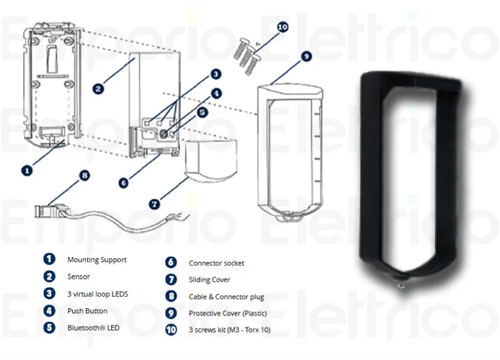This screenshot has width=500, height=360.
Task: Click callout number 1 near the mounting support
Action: (27, 171)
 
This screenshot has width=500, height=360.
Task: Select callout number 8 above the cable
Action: (84, 174)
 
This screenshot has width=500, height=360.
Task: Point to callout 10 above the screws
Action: (282, 27)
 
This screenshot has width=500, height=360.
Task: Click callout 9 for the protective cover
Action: (305, 56)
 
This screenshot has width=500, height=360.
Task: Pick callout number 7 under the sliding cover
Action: (154, 204)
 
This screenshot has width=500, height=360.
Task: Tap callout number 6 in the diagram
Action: (124, 183)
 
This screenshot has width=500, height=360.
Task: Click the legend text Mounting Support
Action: (97, 259)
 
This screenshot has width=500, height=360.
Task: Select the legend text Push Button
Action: (87, 311)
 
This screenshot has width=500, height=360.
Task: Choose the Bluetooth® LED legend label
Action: (93, 328)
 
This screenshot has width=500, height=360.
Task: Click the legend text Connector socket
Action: (215, 264)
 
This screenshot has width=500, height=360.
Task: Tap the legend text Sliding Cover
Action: (209, 279)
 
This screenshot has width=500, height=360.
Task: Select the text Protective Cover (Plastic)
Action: (231, 313)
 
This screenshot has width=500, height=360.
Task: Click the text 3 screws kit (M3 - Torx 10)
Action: (229, 330)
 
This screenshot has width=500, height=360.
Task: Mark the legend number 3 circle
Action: (49, 294)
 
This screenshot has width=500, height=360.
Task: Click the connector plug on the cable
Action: (48, 211)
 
